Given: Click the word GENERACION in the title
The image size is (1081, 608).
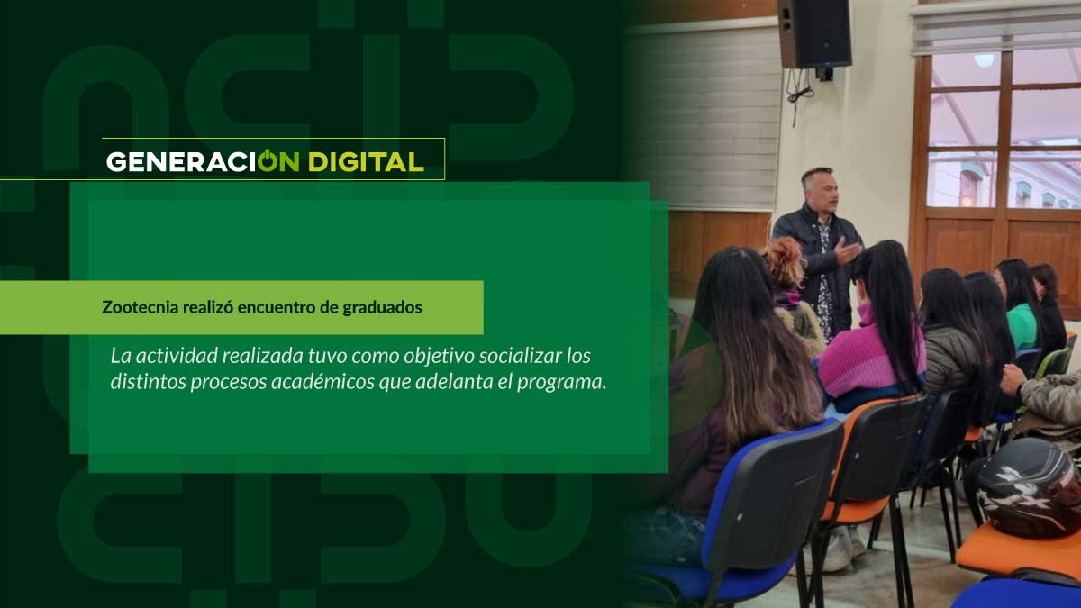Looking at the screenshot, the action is [x=203, y=161].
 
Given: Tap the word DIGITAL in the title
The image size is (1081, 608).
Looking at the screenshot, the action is [x=367, y=162].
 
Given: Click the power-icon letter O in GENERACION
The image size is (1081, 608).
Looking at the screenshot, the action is [x=268, y=160].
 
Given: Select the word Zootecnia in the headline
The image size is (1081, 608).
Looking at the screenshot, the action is [x=140, y=307].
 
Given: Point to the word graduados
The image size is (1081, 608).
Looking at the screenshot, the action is [x=382, y=308].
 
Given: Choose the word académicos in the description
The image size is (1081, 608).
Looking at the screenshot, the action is [x=322, y=382].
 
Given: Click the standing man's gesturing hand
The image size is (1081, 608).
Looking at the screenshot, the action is [x=848, y=250].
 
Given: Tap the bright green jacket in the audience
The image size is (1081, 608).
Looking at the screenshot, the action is [x=1022, y=326].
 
